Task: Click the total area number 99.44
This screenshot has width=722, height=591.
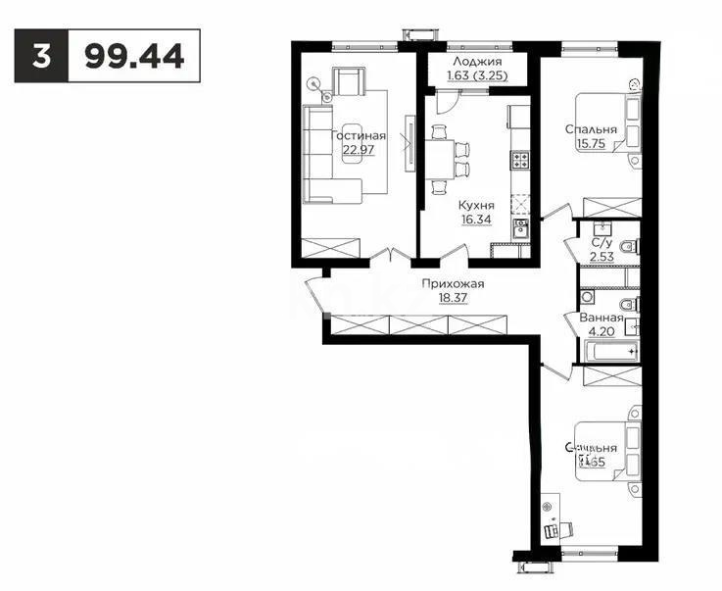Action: click(x=134, y=56)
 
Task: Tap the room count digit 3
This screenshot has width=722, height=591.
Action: click(x=41, y=56)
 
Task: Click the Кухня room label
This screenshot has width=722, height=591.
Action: click(x=476, y=206)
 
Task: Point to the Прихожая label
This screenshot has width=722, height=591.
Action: click(x=454, y=284)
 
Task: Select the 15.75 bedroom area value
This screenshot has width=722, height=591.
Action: click(x=591, y=143)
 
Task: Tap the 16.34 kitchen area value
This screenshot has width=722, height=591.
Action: click(x=476, y=221)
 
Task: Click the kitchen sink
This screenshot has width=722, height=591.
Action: click(x=521, y=229)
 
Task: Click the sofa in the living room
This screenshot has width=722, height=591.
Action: click(x=318, y=157)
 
